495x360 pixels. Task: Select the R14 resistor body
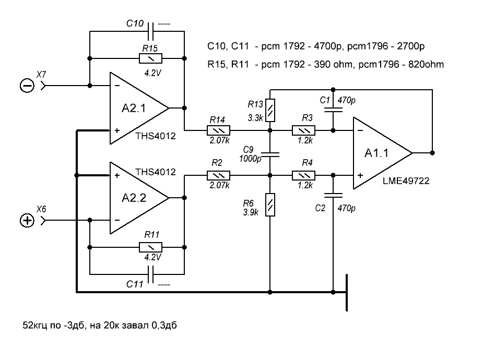[x=218, y=130]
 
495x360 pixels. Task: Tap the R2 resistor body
[x=218, y=176]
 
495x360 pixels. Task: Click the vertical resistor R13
[x=270, y=110]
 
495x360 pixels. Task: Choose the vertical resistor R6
[x=270, y=205]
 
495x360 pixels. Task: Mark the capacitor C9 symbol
[x=270, y=153]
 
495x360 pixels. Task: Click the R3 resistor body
[x=302, y=130]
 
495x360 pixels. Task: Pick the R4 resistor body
[x=302, y=176]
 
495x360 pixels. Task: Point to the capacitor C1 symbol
[x=334, y=109]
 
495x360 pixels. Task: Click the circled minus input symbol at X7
[x=27, y=86]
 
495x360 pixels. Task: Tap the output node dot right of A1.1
[x=432, y=153]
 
